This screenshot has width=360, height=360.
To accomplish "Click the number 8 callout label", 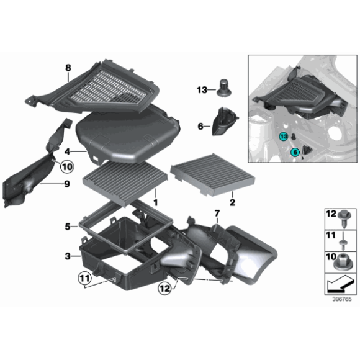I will pos(68,67).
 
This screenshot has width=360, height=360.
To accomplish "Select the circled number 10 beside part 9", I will pos(66,166).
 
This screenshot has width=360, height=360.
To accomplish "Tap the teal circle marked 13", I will pos(283,137).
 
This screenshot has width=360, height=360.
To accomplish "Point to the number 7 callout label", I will pos(217,214).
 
